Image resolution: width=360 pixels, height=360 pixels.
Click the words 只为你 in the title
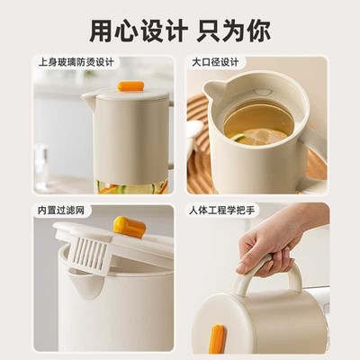point(231,30)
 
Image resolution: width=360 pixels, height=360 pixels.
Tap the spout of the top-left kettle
point(88,97)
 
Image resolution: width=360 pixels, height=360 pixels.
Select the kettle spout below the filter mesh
point(88,285)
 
